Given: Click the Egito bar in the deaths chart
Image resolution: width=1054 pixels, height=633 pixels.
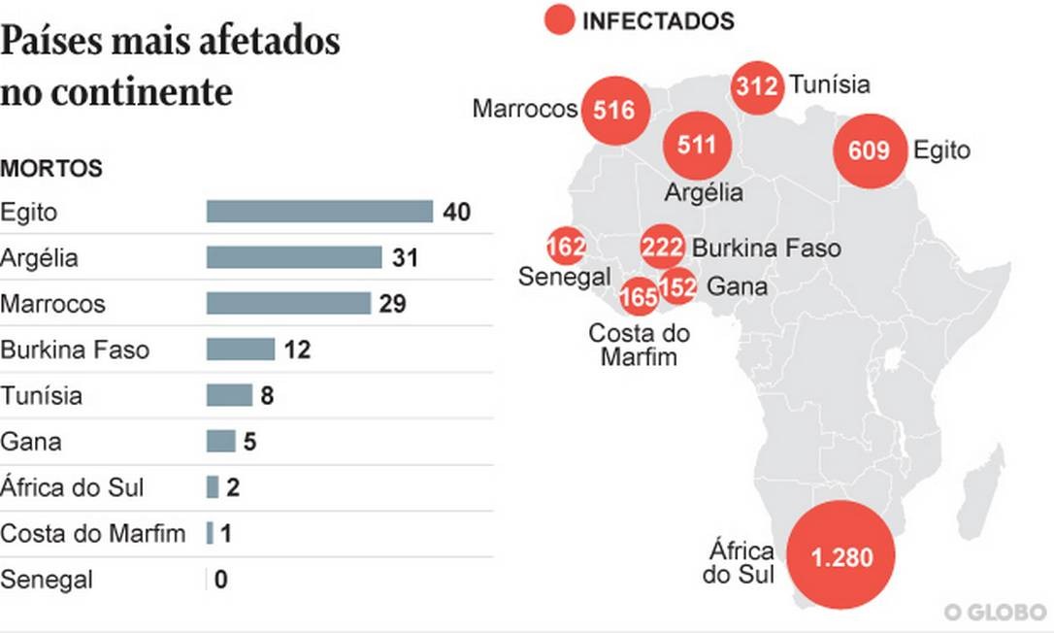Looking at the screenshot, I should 319,212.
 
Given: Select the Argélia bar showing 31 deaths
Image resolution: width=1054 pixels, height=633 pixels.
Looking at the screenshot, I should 293,257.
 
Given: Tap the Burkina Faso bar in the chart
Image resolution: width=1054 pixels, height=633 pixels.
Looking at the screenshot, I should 240,349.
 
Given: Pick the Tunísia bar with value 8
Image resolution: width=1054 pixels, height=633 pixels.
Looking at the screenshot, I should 229,395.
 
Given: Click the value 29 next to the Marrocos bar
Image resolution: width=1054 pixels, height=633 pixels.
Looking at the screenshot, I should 392,304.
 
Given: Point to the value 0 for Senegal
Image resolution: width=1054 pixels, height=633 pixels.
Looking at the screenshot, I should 221,581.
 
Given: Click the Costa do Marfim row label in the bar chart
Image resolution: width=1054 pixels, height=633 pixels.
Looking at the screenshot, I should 93,533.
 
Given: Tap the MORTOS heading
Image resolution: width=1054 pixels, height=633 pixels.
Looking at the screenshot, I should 51,168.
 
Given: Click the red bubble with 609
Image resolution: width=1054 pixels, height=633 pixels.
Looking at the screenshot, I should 869,150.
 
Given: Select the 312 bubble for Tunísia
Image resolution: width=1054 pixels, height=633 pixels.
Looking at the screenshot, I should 757,85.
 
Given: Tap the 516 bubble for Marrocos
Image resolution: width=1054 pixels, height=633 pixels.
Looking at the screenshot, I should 613,110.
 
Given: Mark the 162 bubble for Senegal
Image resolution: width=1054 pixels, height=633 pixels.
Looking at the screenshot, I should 566,247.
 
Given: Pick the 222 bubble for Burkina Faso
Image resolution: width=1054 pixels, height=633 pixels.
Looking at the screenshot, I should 663,248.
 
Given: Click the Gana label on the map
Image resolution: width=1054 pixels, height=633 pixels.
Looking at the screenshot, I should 737,286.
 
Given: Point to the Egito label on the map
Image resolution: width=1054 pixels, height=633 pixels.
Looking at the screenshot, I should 941,150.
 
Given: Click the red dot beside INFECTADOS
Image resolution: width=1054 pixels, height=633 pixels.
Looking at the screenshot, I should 559,19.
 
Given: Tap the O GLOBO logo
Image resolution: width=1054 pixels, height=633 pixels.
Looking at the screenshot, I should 995,612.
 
